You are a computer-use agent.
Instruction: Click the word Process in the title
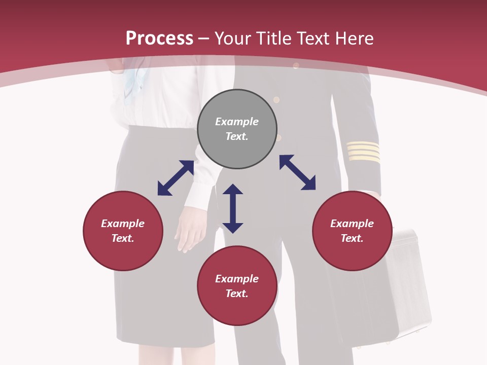[159, 39]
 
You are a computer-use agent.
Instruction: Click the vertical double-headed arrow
[233, 208]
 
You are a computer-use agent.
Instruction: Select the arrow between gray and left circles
[176, 178]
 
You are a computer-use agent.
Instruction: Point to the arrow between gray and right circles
[297, 172]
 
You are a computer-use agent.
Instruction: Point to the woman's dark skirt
[147, 304]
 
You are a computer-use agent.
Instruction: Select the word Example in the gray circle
[237, 122]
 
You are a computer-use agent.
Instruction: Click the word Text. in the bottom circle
[237, 294]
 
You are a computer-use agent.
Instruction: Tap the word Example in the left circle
[123, 224]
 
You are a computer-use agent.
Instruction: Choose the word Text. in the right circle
[352, 238]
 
